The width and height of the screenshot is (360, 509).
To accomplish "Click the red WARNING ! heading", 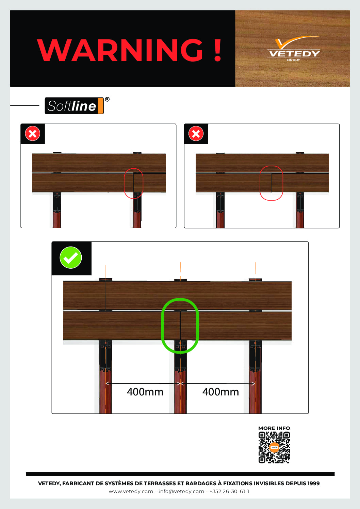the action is pyautogui.click(x=129, y=50).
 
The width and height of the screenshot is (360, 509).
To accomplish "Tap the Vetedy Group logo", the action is pyautogui.click(x=294, y=49).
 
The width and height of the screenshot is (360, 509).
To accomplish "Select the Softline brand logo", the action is pyautogui.click(x=74, y=106).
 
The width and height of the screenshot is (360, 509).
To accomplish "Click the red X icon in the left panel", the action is pyautogui.click(x=33, y=134).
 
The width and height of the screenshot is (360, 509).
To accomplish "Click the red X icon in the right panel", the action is pyautogui.click(x=196, y=134).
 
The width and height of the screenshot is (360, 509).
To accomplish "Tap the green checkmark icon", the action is pyautogui.click(x=71, y=258).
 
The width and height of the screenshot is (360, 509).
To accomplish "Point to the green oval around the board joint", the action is pyautogui.click(x=162, y=326).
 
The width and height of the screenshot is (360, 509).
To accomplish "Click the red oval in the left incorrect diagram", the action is pyautogui.click(x=125, y=183).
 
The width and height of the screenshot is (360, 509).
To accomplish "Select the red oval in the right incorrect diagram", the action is pyautogui.click(x=260, y=183).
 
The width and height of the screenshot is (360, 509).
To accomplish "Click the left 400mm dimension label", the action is pyautogui.click(x=145, y=392).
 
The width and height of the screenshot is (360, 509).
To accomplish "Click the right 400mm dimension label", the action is pyautogui.click(x=220, y=392).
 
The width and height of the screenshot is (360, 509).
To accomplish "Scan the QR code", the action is pyautogui.click(x=274, y=447).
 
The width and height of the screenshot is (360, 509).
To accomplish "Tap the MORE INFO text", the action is pyautogui.click(x=274, y=428).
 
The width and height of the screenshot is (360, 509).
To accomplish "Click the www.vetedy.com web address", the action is pyautogui.click(x=131, y=491).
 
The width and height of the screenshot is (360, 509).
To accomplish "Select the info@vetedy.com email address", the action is pyautogui.click(x=181, y=491).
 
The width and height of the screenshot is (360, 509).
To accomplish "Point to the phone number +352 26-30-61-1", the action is pyautogui.click(x=229, y=491).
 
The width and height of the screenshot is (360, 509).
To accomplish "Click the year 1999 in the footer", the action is pyautogui.click(x=313, y=483).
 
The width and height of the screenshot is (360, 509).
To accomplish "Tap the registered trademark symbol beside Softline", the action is pyautogui.click(x=107, y=99).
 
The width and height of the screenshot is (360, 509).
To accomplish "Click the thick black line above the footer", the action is pyautogui.click(x=180, y=474).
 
